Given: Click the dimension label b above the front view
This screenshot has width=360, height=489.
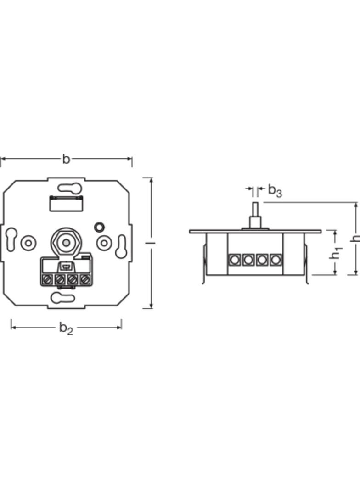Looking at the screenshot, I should click(66, 159).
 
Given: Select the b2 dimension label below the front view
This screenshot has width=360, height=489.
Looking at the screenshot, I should click(66, 328).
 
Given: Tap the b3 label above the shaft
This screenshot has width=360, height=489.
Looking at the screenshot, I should click(275, 190).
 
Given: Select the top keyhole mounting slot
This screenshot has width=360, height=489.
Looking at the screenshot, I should click(69, 188).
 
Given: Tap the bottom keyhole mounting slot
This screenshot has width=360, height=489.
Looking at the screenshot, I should click(62, 298).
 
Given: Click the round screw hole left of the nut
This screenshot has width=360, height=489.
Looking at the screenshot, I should click(28, 243).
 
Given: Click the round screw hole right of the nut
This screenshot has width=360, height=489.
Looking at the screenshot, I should click(104, 243).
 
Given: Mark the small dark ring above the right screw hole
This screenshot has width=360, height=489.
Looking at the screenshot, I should click(99, 227).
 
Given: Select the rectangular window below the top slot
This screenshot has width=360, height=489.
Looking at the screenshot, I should click(66, 203).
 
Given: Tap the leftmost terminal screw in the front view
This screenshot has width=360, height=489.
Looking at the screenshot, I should click(47, 279).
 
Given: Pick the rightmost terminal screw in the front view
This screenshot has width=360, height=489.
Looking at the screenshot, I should click(84, 279).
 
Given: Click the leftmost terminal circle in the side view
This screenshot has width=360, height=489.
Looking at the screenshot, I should click(234, 260).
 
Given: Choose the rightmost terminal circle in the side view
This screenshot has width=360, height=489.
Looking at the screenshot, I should click(275, 260).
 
